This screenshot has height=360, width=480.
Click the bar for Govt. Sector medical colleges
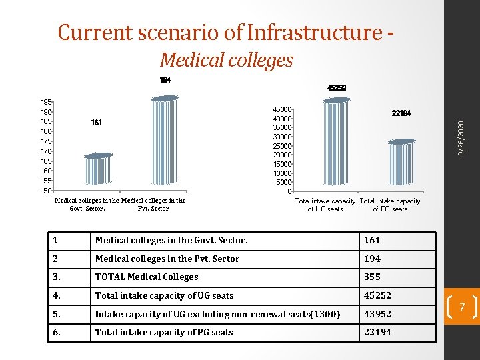[99, 170]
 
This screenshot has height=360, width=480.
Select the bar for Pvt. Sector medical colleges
[165, 141]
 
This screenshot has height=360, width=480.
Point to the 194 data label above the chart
[165, 80]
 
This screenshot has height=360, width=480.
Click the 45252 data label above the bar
[336, 87]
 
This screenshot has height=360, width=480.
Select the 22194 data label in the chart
[401, 114]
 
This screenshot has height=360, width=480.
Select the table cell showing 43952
[377, 314]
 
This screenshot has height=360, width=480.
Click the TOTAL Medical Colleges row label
[147, 277]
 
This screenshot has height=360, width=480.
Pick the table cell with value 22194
[377, 332]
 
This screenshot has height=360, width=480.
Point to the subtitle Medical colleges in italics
[227, 61]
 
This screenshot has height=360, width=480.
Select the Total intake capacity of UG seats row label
[164, 295]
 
